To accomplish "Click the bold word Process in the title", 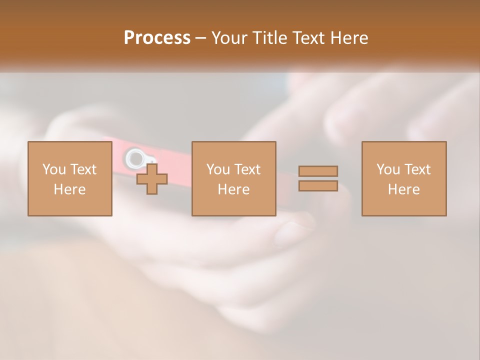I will pyautogui.click(x=157, y=38).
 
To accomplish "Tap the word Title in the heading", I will pyautogui.click(x=270, y=38).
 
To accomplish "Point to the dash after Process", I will pyautogui.click(x=201, y=38).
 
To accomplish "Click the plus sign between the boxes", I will pyautogui.click(x=152, y=179).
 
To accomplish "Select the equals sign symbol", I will pyautogui.click(x=318, y=178).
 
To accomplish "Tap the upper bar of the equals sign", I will pyautogui.click(x=318, y=171).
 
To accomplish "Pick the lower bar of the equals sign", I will pyautogui.click(x=318, y=185).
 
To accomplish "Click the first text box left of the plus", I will pyautogui.click(x=69, y=178).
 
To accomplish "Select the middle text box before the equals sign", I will pyautogui.click(x=233, y=178).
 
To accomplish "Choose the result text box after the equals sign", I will pyautogui.click(x=403, y=178).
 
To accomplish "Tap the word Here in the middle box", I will pyautogui.click(x=233, y=189).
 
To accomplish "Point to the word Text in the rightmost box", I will pyautogui.click(x=417, y=169).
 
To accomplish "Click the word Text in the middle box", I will pyautogui.click(x=247, y=169).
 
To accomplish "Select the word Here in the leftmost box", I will pyautogui.click(x=69, y=189).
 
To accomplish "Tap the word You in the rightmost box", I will pyautogui.click(x=387, y=169).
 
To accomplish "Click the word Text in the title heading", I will pyautogui.click(x=307, y=38).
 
